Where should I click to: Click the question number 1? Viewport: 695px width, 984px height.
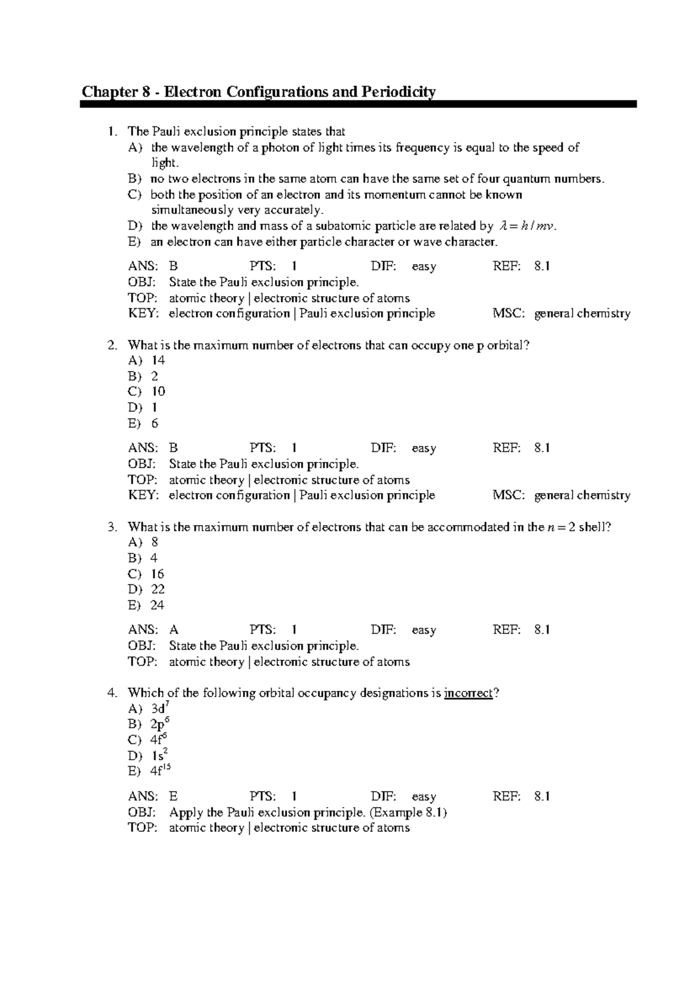(111, 132)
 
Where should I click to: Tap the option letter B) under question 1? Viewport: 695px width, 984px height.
(134, 179)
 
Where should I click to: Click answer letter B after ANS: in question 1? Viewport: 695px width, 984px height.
(173, 267)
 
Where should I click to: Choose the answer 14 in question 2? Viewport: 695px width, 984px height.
(158, 360)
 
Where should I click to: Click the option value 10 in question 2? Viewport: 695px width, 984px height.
(158, 392)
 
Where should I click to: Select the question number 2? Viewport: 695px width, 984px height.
(111, 345)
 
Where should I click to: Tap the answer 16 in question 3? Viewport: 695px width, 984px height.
(158, 574)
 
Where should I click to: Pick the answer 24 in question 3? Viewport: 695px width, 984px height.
(158, 605)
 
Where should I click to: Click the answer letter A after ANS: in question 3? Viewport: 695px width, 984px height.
(174, 630)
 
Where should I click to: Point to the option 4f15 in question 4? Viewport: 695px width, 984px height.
(160, 771)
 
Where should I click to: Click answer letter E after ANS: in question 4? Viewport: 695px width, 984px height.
(173, 797)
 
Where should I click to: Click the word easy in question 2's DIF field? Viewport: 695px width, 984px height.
(424, 449)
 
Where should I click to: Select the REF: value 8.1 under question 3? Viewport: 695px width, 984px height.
(542, 630)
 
